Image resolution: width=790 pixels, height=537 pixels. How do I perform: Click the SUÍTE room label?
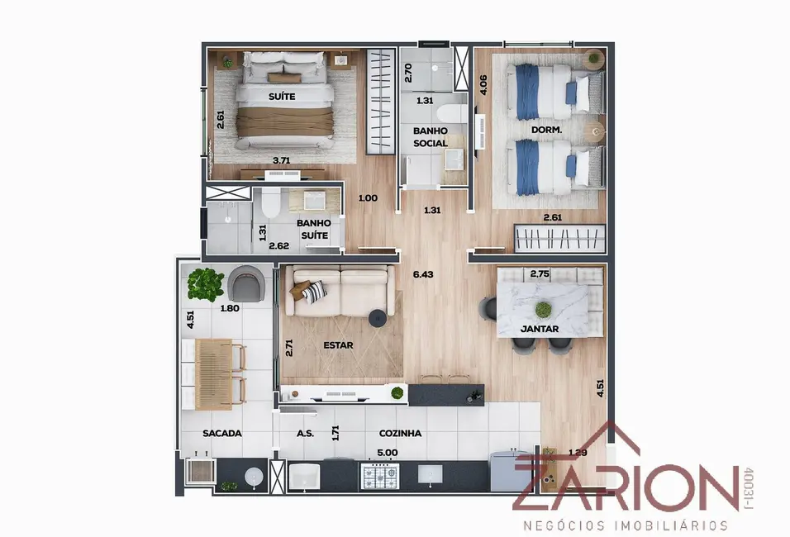pos(282,97)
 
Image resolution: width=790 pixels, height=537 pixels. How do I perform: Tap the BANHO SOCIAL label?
pos(431,136)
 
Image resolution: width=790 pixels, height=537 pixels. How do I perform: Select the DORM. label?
pos(546,131)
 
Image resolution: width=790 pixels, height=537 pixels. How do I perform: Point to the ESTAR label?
pos(339,345)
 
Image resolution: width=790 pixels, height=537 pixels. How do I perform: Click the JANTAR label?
pos(540,329)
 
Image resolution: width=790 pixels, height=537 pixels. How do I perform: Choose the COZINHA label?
pos(400,433)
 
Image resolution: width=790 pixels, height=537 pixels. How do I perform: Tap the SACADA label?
pos(222,433)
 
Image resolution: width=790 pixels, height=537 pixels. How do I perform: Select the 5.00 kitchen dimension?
pos(388,452)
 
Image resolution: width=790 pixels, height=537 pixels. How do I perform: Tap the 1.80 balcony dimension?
pos(229,308)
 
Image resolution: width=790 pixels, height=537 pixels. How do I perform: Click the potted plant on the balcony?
pos(205,283)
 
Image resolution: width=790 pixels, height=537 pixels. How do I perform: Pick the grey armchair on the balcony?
pos(249,283)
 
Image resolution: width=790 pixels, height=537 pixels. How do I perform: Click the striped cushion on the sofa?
pos(313,291)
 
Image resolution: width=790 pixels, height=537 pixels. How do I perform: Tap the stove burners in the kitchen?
pos(378,474)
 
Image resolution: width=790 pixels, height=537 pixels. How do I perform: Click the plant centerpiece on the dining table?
pos(543,309)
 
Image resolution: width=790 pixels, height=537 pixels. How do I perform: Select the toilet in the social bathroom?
pos(450,115)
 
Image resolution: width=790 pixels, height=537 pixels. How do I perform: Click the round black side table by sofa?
pos(378,316)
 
